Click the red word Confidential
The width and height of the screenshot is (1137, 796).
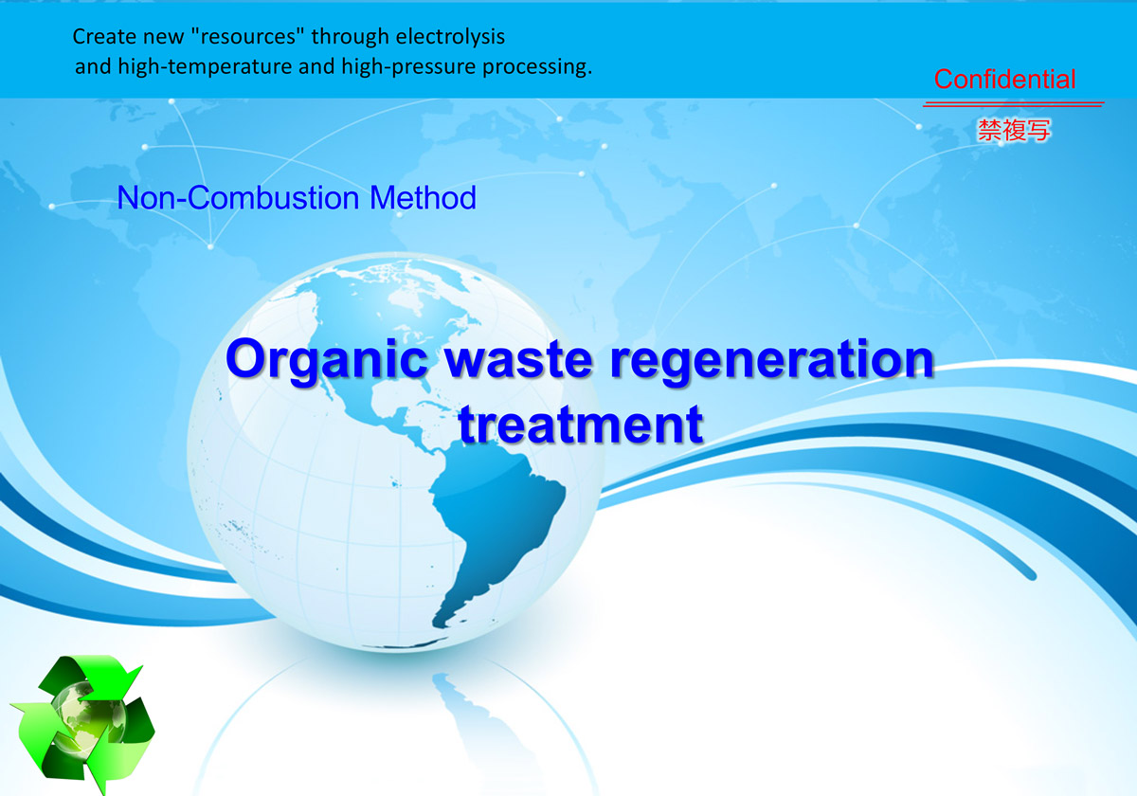[1004, 80]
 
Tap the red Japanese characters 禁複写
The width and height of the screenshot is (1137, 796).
[1014, 130]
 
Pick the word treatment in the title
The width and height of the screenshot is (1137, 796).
[581, 425]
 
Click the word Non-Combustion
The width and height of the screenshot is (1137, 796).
[238, 197]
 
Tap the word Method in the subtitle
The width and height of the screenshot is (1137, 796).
[423, 197]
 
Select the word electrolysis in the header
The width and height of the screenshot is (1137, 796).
[450, 37]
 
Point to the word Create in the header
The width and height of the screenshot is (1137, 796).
[104, 37]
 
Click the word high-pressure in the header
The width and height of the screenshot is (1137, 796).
[408, 67]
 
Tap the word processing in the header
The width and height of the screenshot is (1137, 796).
[537, 67]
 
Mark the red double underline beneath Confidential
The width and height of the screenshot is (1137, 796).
[1013, 104]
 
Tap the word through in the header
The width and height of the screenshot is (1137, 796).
[350, 37]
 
